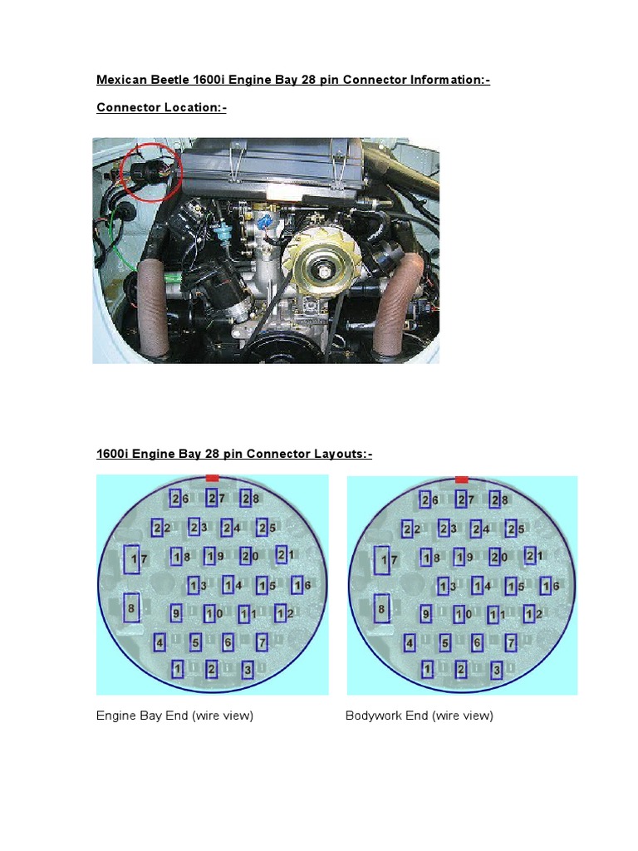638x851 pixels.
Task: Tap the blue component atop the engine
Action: [x=265, y=222]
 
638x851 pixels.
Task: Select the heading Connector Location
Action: [x=162, y=107]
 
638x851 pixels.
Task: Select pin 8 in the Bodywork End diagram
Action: [x=382, y=609]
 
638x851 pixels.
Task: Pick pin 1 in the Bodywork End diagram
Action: [x=428, y=669]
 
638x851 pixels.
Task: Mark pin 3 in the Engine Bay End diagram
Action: [x=248, y=670]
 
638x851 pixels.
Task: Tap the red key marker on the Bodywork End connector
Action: [x=462, y=480]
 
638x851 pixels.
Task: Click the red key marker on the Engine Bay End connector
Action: [x=213, y=478]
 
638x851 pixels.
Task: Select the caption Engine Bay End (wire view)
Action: [x=174, y=716]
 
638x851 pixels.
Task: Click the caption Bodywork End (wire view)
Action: [x=420, y=716]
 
